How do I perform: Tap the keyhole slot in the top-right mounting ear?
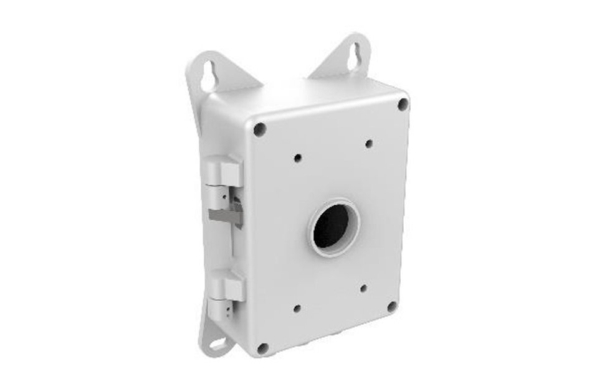(354, 55)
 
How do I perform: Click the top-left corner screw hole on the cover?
(259, 129)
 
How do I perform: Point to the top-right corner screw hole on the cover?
(403, 104)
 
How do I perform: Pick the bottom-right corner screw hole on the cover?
(391, 307)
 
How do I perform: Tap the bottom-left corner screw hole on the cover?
(262, 348)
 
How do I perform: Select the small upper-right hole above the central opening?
(369, 144)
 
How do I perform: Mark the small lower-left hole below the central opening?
(297, 309)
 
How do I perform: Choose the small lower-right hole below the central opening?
(363, 289)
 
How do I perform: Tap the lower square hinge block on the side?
(228, 287)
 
